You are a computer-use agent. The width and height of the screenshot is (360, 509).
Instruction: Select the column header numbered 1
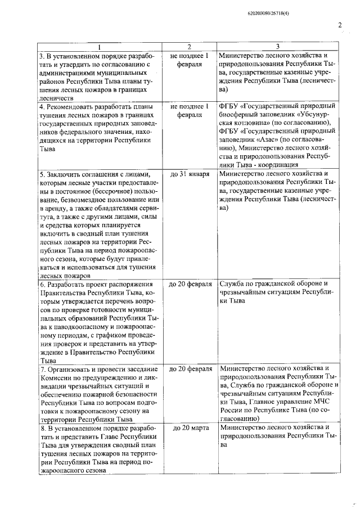pyautogui.click(x=99, y=47)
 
